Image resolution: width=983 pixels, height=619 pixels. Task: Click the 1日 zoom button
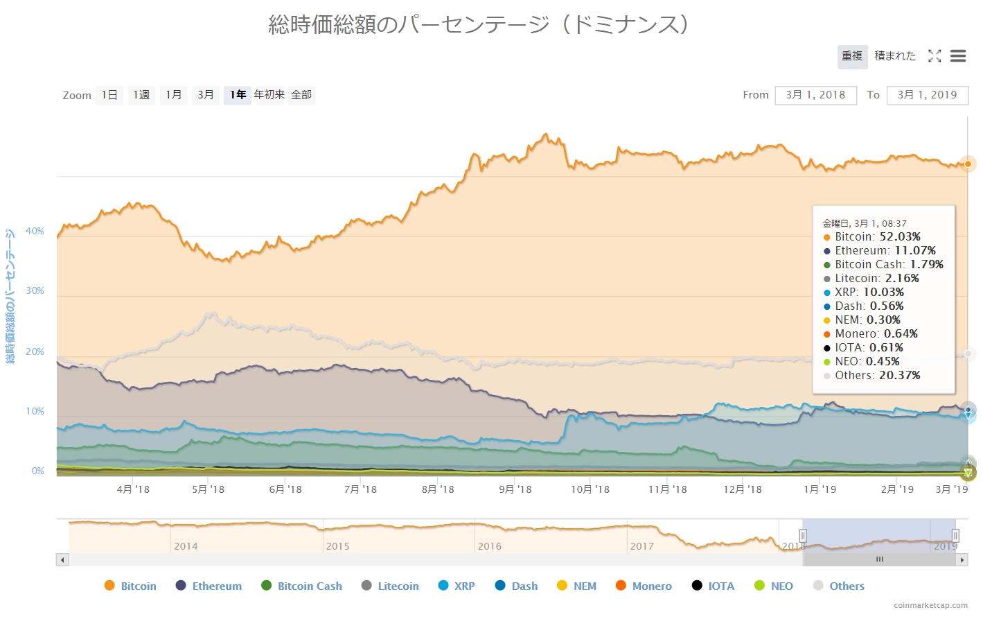(109, 95)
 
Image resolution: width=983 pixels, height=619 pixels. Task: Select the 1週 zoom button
(141, 95)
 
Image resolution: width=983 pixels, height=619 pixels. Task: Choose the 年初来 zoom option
(269, 95)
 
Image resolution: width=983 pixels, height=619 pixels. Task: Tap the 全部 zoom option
(301, 95)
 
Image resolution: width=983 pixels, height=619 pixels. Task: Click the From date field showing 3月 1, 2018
(815, 95)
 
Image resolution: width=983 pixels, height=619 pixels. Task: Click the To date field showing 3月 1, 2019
(927, 95)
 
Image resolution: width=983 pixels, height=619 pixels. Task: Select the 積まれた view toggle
(894, 56)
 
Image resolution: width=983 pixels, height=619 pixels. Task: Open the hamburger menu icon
(958, 56)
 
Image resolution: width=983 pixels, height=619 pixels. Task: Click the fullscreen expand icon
(935, 56)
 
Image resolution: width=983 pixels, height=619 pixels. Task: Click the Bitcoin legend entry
(130, 586)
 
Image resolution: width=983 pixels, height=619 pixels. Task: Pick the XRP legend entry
(457, 586)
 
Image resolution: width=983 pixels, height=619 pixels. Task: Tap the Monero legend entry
(644, 586)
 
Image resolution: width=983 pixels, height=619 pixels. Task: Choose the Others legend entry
(839, 586)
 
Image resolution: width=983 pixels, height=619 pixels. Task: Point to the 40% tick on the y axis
(35, 231)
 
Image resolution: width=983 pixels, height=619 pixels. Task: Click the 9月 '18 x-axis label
(515, 489)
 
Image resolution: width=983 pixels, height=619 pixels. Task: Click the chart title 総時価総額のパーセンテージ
(478, 25)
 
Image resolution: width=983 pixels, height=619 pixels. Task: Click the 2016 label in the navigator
(489, 546)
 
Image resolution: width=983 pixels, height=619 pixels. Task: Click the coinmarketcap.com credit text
(930, 605)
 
